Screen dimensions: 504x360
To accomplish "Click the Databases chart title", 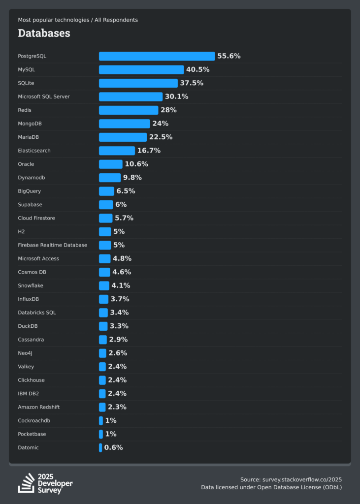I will point(44,33).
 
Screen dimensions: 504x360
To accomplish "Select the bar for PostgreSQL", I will point(157,56).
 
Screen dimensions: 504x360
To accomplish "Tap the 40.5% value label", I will point(197,69).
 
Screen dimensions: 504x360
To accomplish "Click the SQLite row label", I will point(26,83).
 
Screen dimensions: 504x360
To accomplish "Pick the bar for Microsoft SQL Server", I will point(131,96).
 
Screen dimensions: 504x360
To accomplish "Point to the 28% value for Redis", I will point(168,110).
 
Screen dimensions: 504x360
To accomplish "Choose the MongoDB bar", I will point(124,124).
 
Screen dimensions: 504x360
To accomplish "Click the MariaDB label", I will point(30,137).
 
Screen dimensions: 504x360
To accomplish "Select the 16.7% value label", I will point(149,151).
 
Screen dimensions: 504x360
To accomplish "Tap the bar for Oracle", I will point(110,164).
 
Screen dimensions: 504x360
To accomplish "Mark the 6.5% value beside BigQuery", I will point(126,191).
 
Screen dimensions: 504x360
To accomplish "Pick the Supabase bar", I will point(106,205).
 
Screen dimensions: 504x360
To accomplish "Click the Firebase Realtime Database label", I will point(52,245).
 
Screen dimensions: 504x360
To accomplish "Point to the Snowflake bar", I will point(104,285).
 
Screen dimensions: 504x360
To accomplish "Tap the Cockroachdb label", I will point(34,421).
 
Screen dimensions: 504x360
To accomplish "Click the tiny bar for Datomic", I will point(100,447).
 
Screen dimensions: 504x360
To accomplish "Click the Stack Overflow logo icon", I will point(26,483).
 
